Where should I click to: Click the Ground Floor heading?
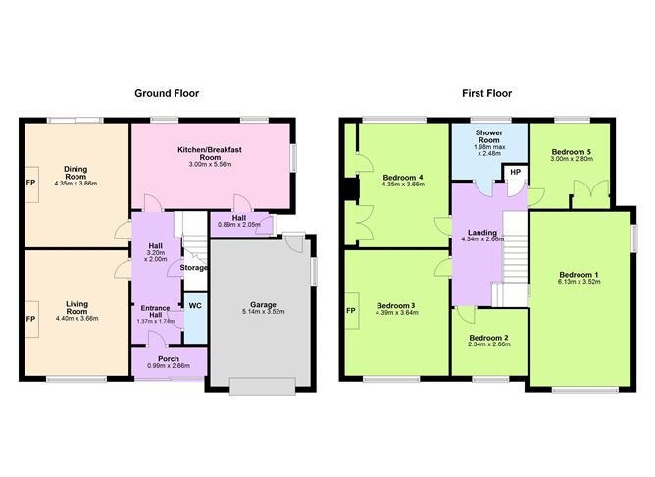click(x=167, y=94)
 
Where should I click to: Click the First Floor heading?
click(x=486, y=94)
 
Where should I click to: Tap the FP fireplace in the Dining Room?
click(x=30, y=183)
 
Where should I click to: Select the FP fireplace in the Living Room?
click(x=30, y=319)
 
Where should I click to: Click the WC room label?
click(x=195, y=306)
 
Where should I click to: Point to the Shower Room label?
click(x=489, y=132)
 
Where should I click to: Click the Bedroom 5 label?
click(x=571, y=152)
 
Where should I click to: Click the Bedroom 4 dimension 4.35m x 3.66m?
click(x=402, y=184)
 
